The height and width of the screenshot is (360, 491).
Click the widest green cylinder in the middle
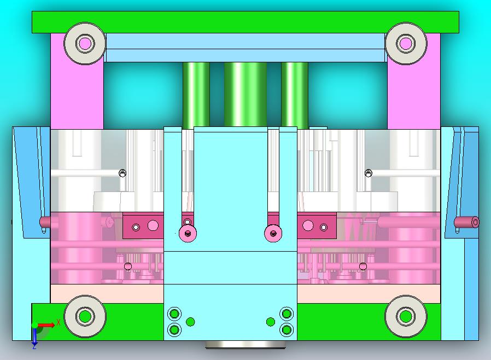click(x=245, y=94)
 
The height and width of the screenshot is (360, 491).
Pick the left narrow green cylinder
click(x=196, y=96)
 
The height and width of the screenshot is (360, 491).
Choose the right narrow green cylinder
click(x=295, y=96)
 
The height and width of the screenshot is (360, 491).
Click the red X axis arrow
click(x=46, y=325)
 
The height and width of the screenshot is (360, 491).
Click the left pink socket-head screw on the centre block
click(x=188, y=233)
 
